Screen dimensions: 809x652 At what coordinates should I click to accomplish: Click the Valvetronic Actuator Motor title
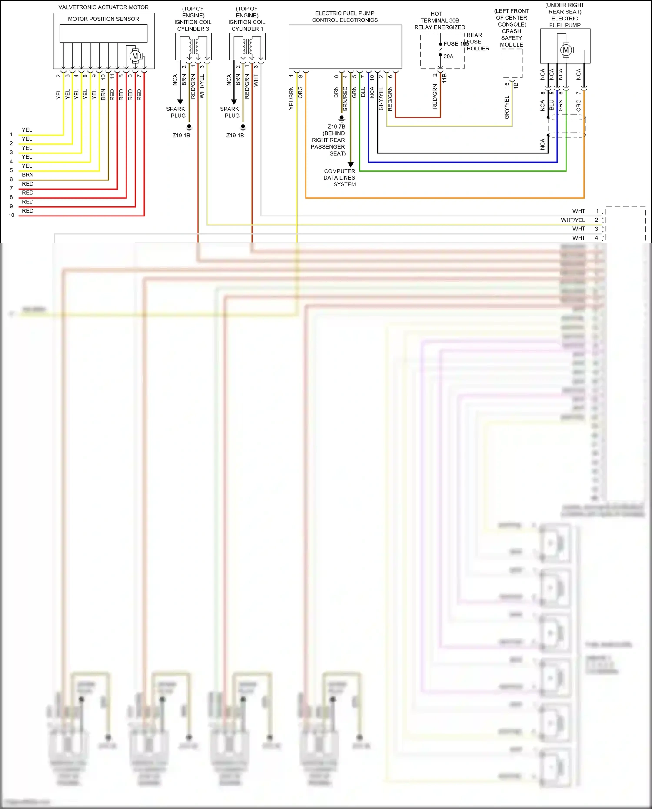pyautogui.click(x=103, y=7)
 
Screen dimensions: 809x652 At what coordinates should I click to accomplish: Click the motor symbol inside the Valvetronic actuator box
pyautogui.click(x=135, y=56)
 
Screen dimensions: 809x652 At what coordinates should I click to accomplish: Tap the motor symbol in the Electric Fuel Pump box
pyautogui.click(x=566, y=50)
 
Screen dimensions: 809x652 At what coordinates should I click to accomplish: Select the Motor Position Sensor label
pyautogui.click(x=103, y=19)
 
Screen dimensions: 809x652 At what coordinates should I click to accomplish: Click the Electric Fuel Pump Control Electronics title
pyautogui.click(x=345, y=17)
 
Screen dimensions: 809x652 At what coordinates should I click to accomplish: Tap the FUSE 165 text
pyautogui.click(x=456, y=44)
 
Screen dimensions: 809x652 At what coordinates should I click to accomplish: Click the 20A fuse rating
pyautogui.click(x=449, y=57)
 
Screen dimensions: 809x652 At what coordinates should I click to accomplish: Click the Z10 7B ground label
pyautogui.click(x=336, y=127)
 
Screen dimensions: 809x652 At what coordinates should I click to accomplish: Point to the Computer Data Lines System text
pyautogui.click(x=339, y=178)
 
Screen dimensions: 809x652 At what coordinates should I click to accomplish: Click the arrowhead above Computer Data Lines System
pyautogui.click(x=351, y=165)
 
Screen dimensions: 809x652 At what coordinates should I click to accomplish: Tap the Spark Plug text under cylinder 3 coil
pyautogui.click(x=176, y=112)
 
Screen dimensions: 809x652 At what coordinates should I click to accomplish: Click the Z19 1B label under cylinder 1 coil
pyautogui.click(x=235, y=136)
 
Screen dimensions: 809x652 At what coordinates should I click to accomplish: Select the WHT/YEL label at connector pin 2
pyautogui.click(x=572, y=220)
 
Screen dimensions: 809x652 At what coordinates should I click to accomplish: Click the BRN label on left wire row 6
pyautogui.click(x=27, y=175)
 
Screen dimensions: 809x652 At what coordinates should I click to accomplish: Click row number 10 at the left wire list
pyautogui.click(x=11, y=215)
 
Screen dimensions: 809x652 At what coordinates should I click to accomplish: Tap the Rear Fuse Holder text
pyautogui.click(x=478, y=42)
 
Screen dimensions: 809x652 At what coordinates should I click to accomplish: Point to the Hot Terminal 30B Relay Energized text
pyautogui.click(x=439, y=20)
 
